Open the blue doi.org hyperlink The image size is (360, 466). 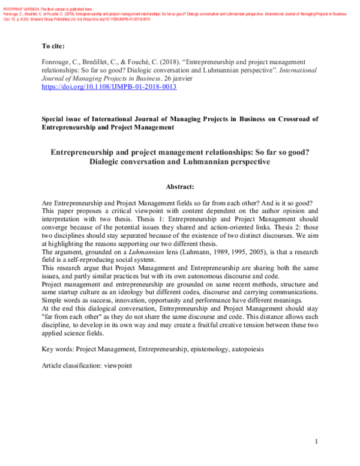pyautogui.click(x=109, y=86)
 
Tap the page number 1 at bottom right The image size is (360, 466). pyautogui.click(x=316, y=442)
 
